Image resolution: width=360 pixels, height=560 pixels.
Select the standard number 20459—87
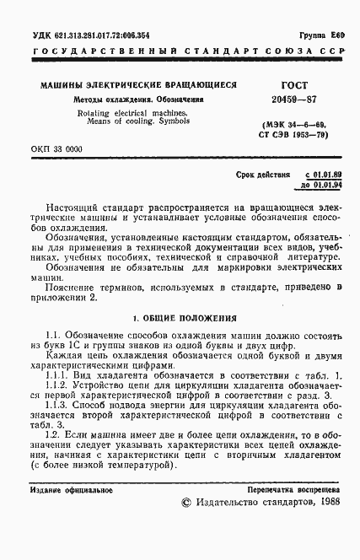tap(292, 99)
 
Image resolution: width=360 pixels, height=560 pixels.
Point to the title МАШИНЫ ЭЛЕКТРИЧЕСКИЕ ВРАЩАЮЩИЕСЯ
tap(138, 85)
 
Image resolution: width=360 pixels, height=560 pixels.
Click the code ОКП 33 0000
tap(56, 148)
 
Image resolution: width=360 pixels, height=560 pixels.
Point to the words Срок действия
tap(264, 173)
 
